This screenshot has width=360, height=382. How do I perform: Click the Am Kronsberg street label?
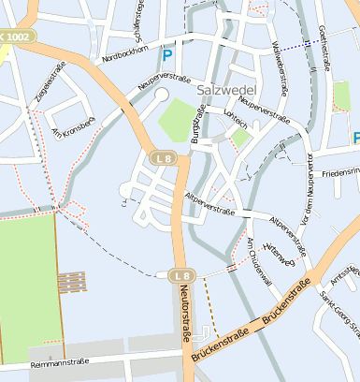(74, 125)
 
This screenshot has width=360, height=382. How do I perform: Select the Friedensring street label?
(340, 173)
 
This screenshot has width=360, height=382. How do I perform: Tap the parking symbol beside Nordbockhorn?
(167, 56)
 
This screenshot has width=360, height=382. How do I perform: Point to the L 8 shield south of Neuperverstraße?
(163, 158)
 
